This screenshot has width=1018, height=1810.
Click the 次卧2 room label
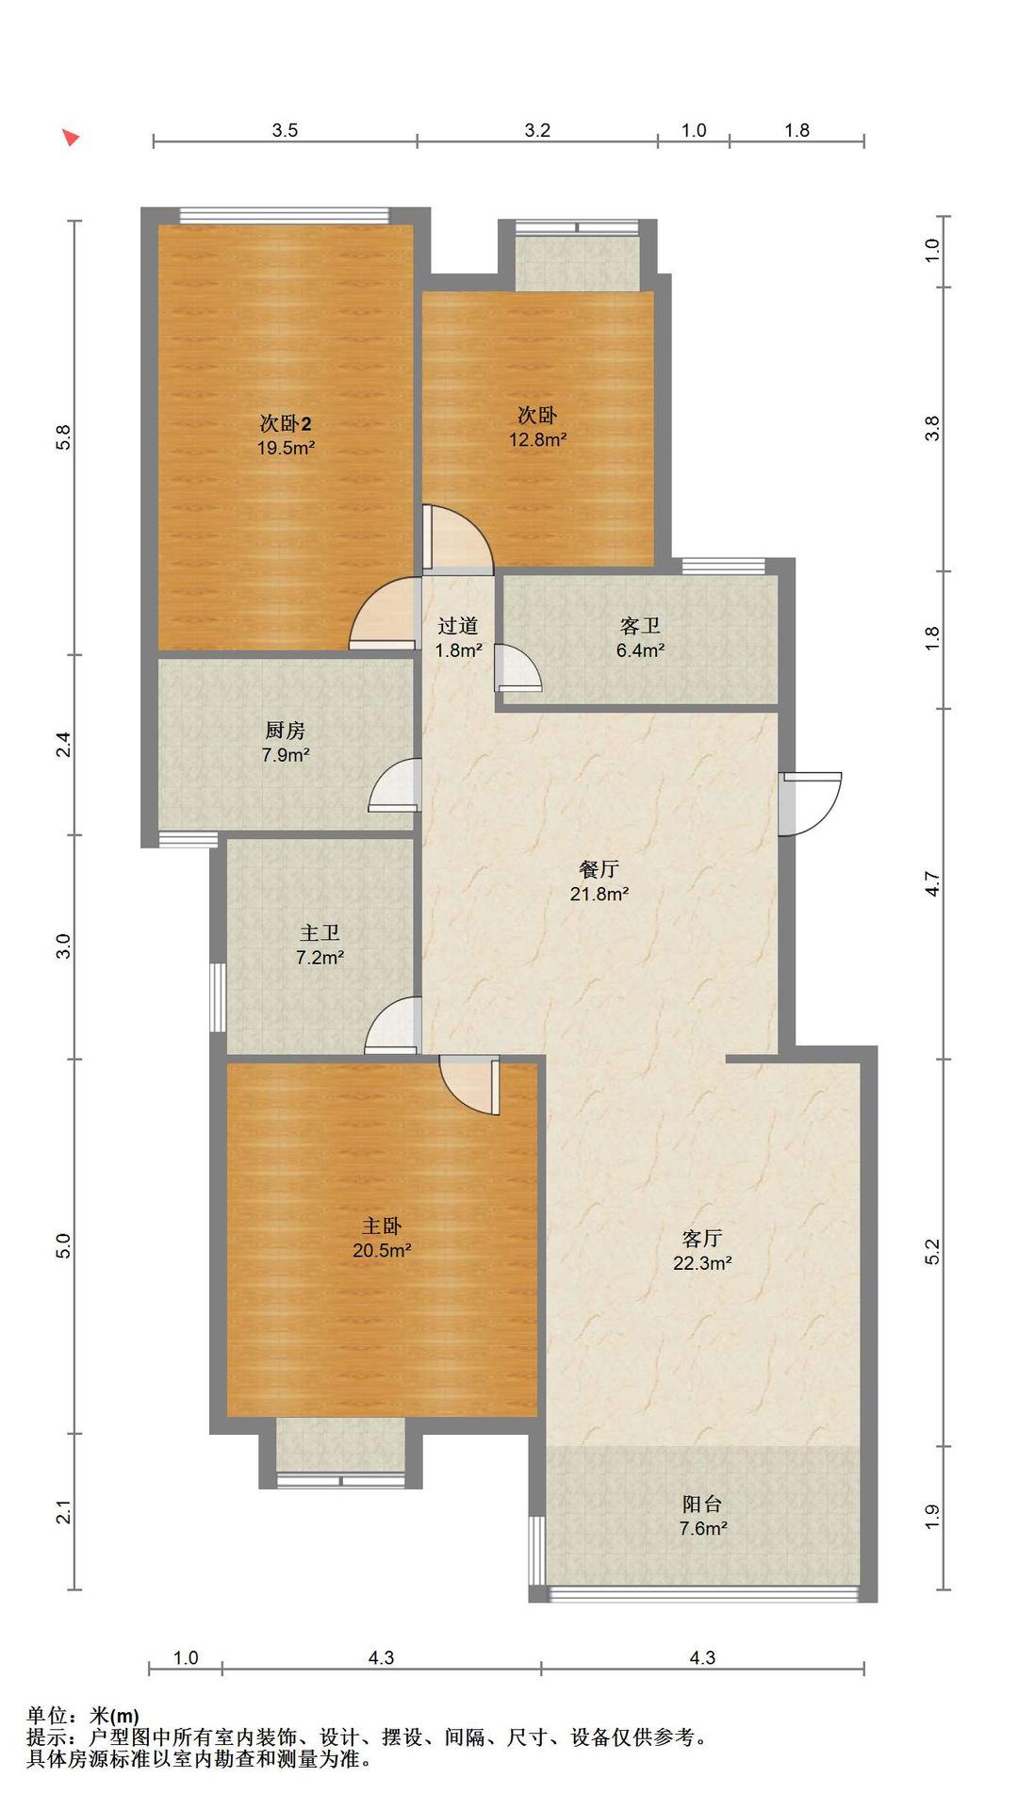point(286,423)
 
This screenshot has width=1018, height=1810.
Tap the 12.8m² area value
point(538,439)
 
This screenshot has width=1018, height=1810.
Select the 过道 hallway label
point(459,625)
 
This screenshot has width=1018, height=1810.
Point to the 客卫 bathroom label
point(641,625)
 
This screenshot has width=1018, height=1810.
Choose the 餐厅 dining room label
point(599,869)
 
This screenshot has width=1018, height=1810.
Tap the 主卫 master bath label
point(320,932)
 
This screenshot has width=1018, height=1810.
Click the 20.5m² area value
point(382,1250)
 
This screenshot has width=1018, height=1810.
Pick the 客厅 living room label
point(702,1238)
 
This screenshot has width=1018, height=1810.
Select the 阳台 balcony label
point(702,1504)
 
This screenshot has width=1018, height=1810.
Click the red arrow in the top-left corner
point(71,138)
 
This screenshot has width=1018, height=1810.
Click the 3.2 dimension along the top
point(537,130)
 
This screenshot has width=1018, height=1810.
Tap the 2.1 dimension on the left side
point(63,1512)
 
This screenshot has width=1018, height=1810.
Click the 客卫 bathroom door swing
point(517,667)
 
